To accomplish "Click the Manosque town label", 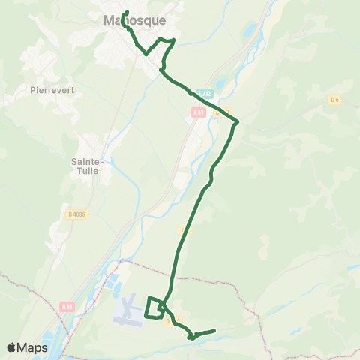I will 135,21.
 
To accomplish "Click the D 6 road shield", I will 334,99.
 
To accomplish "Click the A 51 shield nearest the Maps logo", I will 67,307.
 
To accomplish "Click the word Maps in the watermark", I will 33,347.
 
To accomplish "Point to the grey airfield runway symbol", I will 128,310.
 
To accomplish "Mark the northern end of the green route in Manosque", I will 126,12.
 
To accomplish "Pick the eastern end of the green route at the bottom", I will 214,330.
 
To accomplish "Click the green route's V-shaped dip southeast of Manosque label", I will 145,53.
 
